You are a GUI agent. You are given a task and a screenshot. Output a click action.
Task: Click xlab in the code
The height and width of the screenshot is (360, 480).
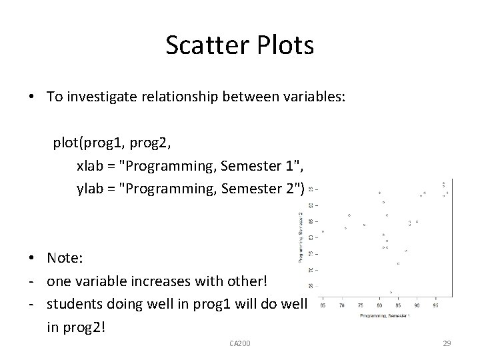[90, 166]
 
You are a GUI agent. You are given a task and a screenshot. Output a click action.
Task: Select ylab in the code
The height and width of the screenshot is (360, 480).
[90, 189]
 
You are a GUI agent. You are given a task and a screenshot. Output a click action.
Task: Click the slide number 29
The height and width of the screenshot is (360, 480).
[447, 343]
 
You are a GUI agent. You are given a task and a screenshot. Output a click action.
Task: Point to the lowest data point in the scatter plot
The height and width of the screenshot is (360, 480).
[391, 291]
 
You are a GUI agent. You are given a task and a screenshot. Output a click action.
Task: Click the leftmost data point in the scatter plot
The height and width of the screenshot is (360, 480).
[323, 231]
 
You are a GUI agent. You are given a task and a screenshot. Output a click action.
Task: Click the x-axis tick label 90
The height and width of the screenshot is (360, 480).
[417, 305]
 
